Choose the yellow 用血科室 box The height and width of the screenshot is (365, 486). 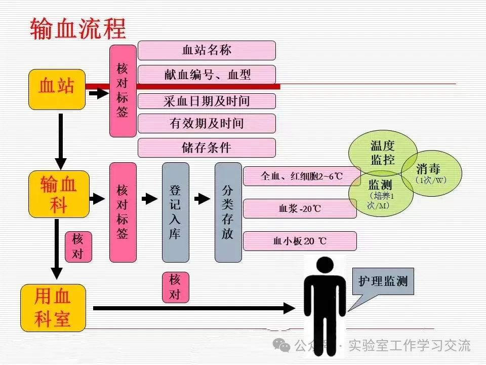pos(53,308)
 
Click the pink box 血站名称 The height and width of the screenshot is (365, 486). pos(207,50)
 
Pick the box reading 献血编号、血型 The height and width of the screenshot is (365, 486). pos(207,75)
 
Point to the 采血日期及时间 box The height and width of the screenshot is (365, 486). pos(207,101)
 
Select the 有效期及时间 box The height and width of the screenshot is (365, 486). pos(207,123)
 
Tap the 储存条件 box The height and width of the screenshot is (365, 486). pos(207,148)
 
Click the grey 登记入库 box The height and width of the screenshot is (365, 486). pos(175,212)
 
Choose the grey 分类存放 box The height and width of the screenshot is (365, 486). pos(228,212)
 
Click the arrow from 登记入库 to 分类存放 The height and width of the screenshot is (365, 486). pos(202,199)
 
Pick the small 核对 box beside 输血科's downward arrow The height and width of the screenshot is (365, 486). pos(78,246)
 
